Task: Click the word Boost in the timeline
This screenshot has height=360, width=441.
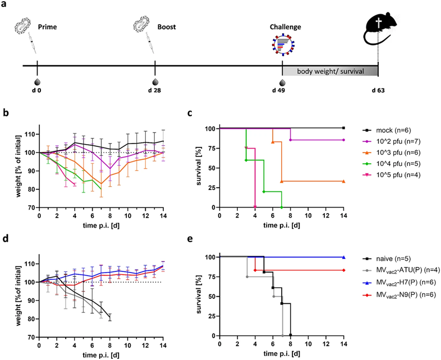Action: tap(167, 26)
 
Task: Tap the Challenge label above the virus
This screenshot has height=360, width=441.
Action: tap(286, 26)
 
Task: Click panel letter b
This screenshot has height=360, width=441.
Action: tap(5, 112)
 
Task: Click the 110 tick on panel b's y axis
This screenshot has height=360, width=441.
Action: tap(27, 134)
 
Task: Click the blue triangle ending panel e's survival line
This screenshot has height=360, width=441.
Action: tap(343, 257)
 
